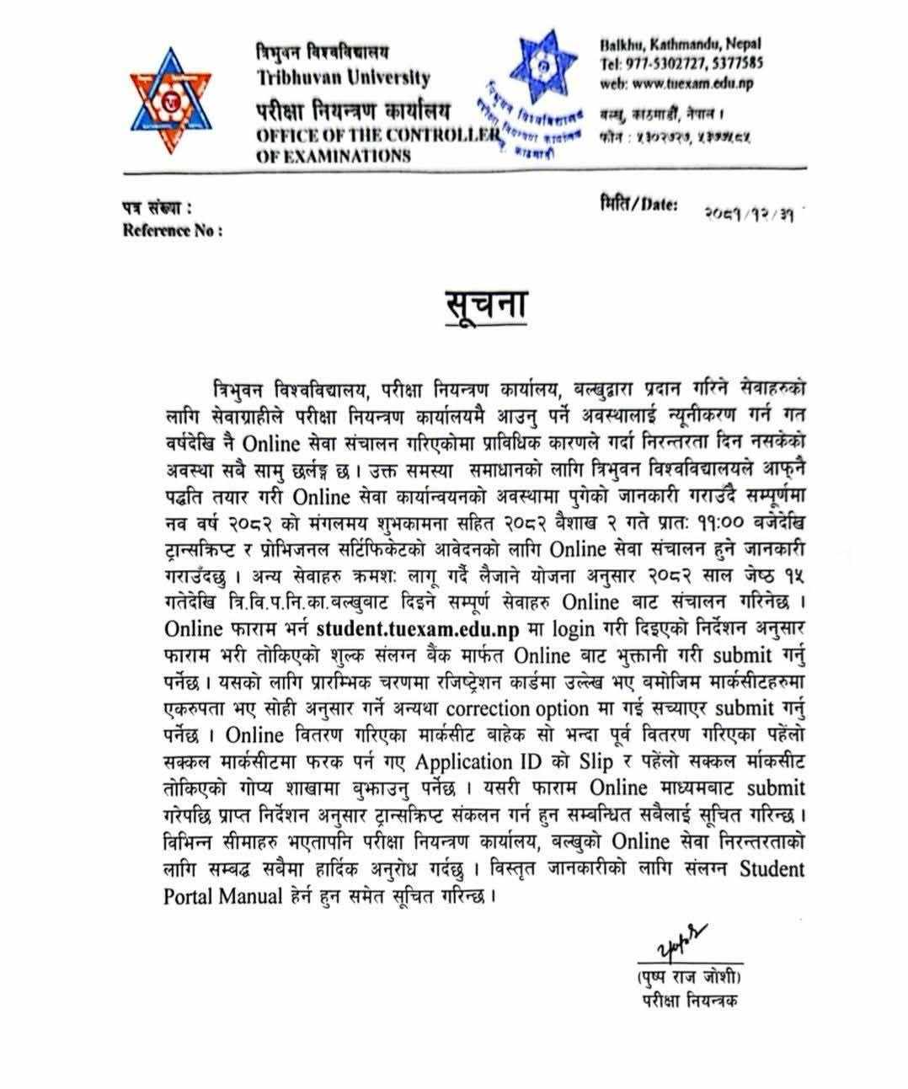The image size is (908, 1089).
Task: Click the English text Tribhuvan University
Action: point(343,78)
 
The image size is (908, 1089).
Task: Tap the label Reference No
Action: point(173,230)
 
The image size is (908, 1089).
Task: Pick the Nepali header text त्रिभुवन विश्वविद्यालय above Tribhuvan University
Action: point(323,54)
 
